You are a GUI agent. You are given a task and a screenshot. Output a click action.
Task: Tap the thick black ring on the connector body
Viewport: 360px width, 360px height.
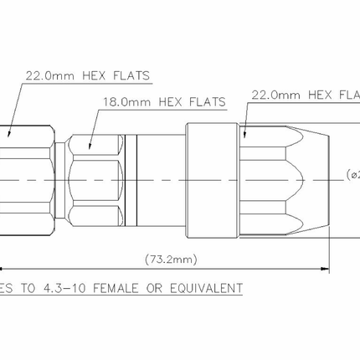(136, 180)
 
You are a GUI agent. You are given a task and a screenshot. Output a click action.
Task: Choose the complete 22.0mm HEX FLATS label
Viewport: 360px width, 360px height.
(84, 75)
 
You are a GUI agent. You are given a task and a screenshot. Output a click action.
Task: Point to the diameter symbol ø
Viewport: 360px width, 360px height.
(351, 174)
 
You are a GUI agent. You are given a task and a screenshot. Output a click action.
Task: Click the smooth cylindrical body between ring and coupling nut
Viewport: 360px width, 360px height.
(163, 180)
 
